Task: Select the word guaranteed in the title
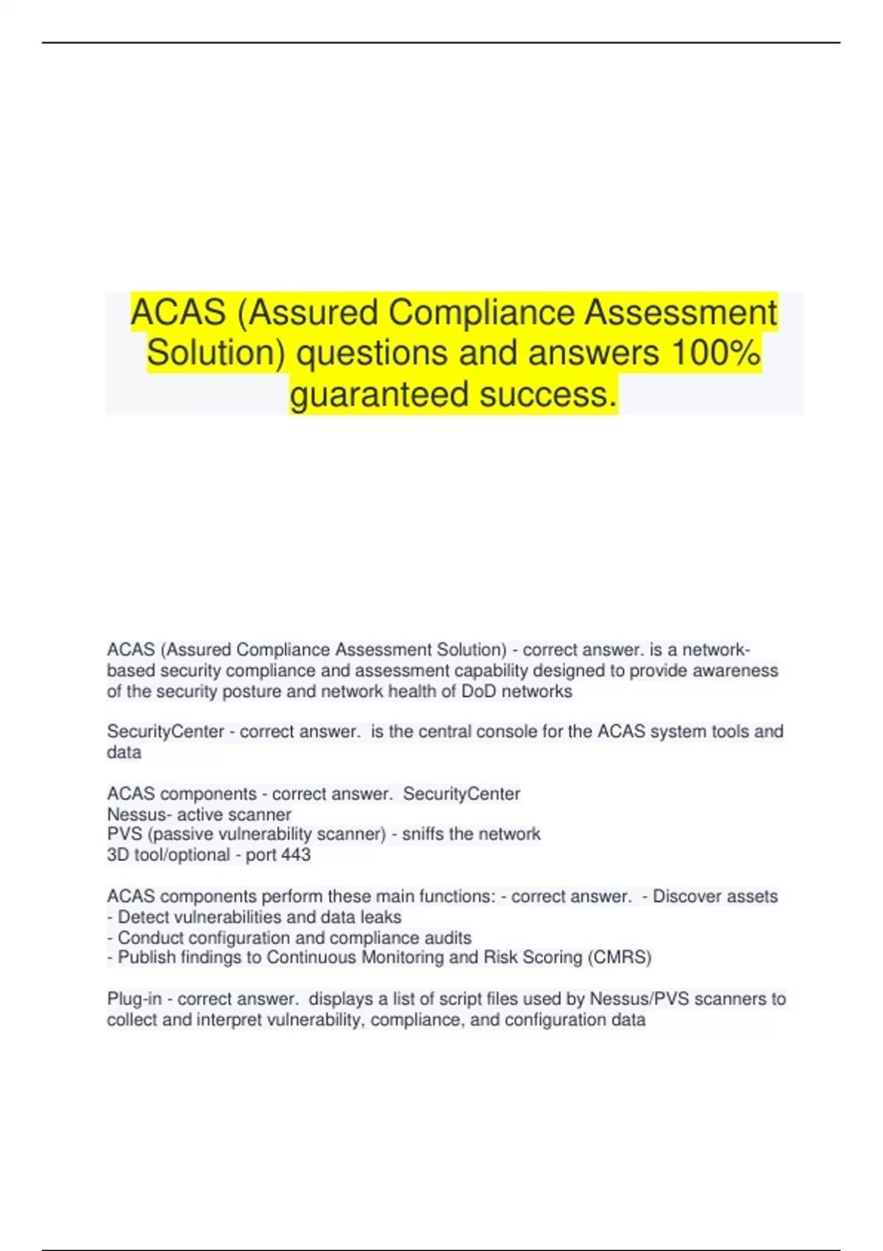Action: pyautogui.click(x=380, y=394)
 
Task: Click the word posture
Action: pyautogui.click(x=249, y=692)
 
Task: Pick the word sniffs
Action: pyautogui.click(x=423, y=834)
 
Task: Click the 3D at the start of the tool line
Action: pyautogui.click(x=118, y=855)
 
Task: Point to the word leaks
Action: pyautogui.click(x=381, y=917)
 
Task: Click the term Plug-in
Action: pyautogui.click(x=134, y=999)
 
